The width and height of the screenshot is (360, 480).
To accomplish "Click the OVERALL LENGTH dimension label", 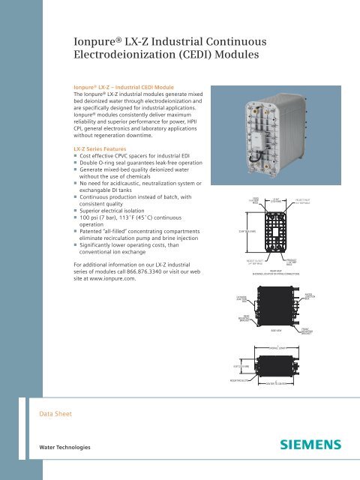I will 280,347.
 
